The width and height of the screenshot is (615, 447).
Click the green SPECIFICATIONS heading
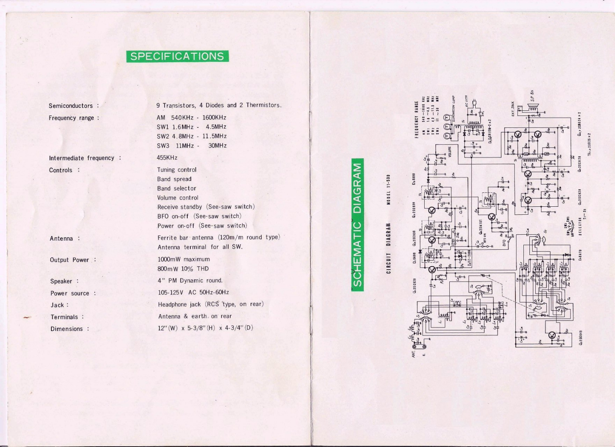point(177,56)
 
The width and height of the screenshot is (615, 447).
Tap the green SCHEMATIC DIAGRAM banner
point(357,225)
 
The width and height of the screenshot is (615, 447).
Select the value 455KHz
point(167,158)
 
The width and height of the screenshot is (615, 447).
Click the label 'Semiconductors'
point(71,106)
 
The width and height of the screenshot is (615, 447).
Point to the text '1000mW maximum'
point(184,259)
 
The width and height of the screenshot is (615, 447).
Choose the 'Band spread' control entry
point(174,179)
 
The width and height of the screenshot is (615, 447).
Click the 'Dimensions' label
point(67,329)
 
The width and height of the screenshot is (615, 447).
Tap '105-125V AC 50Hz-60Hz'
point(193,292)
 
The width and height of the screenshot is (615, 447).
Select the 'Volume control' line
point(178,198)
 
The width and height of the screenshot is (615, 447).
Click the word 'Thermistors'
point(263,105)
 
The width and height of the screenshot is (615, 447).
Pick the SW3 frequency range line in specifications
point(192,146)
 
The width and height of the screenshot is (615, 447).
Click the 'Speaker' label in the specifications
point(61,281)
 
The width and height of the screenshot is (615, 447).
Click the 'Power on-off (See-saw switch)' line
point(202,226)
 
